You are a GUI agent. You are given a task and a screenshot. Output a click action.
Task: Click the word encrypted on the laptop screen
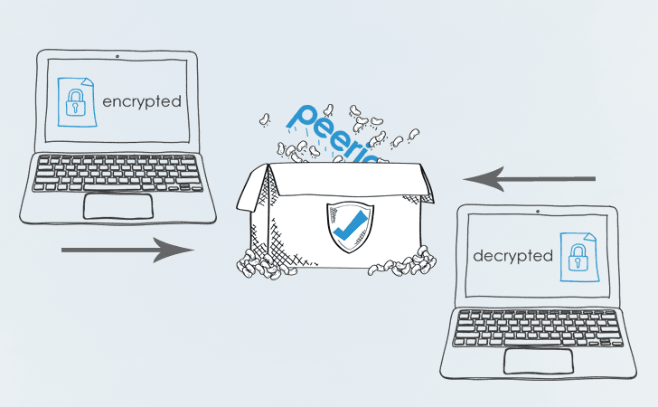142,102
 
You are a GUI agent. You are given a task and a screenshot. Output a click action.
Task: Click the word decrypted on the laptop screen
512,256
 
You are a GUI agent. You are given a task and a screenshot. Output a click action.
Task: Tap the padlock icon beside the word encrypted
76,102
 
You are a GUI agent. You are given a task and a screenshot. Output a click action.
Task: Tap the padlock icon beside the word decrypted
578,258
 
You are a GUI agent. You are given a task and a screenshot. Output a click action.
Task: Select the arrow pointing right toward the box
128,250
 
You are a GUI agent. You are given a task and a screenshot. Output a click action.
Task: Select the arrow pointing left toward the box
529,179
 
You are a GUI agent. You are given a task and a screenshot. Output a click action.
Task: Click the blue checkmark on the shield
350,225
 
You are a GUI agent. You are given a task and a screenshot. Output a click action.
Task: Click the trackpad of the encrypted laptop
117,206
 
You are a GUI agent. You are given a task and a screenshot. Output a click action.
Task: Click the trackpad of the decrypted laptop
539,361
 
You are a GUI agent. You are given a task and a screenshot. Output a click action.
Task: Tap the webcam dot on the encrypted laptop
117,56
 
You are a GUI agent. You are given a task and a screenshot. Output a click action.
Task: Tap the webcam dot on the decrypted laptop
538,212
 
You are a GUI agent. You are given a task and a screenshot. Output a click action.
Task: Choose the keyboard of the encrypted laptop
117,174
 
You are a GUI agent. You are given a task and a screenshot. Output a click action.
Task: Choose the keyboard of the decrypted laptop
538,328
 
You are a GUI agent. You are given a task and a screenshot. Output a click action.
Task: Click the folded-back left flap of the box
253,188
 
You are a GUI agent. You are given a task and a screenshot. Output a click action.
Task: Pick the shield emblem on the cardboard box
350,227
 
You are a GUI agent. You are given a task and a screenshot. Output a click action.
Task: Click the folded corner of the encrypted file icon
88,82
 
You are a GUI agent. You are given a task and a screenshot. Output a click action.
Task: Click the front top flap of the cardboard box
350,179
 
